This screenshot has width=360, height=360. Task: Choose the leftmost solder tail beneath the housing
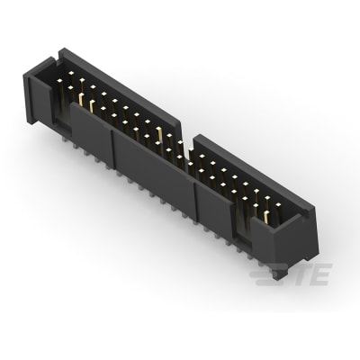click(x=66, y=136)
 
